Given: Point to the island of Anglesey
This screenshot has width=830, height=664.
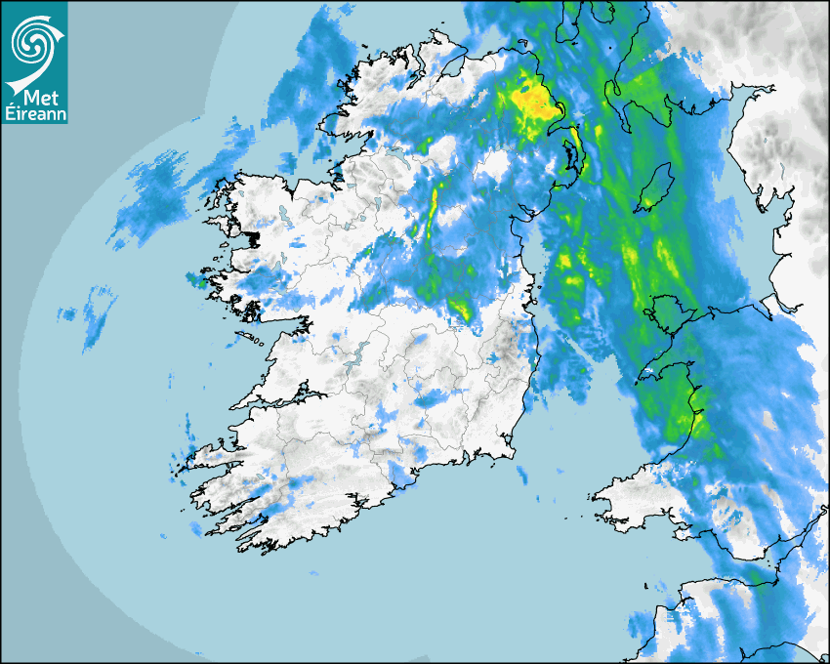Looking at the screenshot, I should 664,310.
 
